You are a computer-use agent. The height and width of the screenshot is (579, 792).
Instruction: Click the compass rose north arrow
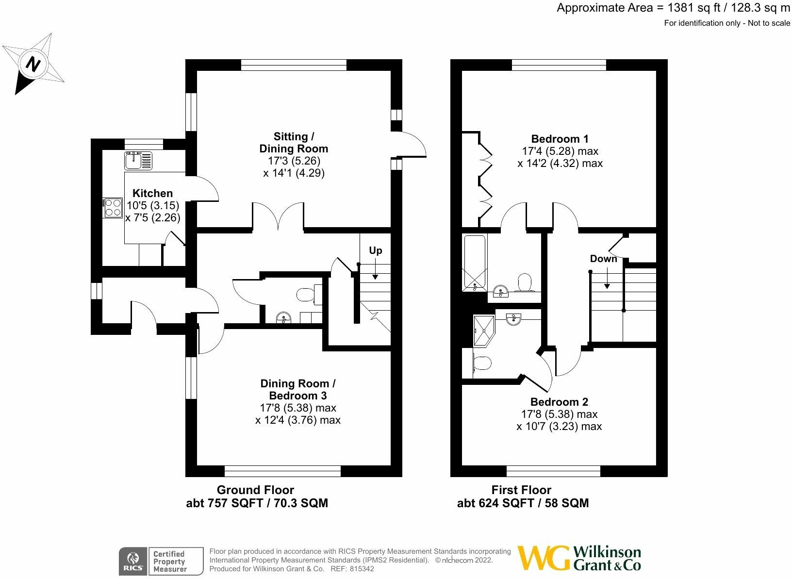pos(33,64)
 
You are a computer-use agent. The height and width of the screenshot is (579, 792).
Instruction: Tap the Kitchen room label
pos(152,193)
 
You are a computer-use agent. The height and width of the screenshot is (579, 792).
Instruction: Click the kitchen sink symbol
pos(138,160)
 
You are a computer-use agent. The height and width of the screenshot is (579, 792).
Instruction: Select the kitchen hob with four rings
pos(112,208)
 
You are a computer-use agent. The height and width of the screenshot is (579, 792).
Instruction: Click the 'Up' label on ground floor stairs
pos(375,250)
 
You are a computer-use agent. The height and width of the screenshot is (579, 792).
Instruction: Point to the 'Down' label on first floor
pos(603,259)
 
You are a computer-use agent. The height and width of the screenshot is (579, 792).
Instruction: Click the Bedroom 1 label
pos(560,139)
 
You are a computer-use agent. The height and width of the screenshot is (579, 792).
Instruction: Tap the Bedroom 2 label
pos(559,402)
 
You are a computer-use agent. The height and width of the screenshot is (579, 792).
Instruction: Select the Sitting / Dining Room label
pos(294,143)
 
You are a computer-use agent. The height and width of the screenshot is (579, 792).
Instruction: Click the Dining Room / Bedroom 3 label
pos(297,389)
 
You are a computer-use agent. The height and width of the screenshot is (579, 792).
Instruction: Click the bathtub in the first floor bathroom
pos(475,262)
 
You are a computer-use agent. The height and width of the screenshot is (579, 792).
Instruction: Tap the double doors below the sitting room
pos(278,216)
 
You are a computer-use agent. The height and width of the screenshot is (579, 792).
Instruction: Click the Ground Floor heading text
pos(255,490)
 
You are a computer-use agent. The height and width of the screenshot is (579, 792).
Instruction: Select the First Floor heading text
pos(521,490)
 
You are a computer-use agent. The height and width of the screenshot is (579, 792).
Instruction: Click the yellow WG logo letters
pos(543,559)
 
